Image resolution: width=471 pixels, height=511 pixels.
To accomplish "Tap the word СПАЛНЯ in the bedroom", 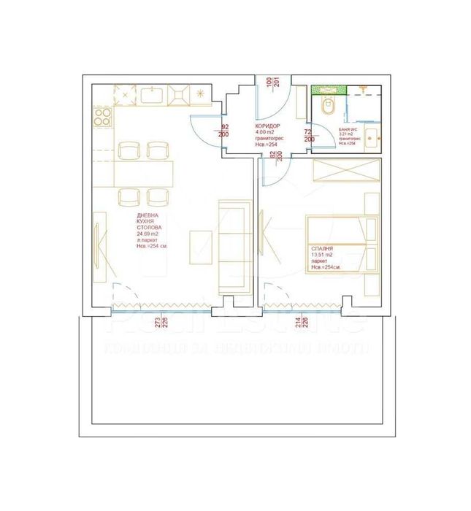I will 322,249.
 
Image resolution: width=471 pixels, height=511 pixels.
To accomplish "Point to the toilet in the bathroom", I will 327,107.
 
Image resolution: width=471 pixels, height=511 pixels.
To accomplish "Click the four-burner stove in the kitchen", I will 102,118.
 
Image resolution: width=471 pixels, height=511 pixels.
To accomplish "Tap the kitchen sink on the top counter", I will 154,94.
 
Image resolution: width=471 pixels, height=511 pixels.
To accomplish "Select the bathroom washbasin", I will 372,135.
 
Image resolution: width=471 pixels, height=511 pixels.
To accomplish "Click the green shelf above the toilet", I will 327,91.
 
